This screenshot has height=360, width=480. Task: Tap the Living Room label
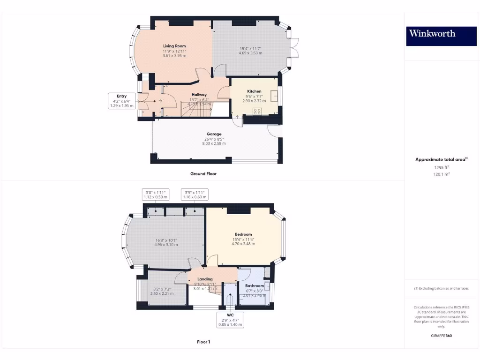pos(174,46)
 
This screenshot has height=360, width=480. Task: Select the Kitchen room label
pos(254,91)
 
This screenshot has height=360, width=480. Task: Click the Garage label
pos(214,134)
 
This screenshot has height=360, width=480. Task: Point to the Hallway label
pos(199,95)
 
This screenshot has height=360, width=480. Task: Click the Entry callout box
pos(122,101)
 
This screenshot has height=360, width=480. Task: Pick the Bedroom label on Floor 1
pos(243,234)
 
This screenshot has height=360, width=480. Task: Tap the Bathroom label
pos(254,285)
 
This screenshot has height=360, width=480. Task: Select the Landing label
pos(205,279)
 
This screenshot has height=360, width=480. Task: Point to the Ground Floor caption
pos(203,173)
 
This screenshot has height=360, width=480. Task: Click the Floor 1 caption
pos(203,342)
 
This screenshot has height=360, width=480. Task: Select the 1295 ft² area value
pos(441,167)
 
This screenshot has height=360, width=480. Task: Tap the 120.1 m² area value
pos(441,174)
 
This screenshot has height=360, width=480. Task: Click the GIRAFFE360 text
pos(441,336)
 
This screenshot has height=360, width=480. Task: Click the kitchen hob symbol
pos(257,111)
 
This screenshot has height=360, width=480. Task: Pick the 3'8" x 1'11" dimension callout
pos(156,195)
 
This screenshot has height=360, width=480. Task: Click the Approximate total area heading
pos(441,160)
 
